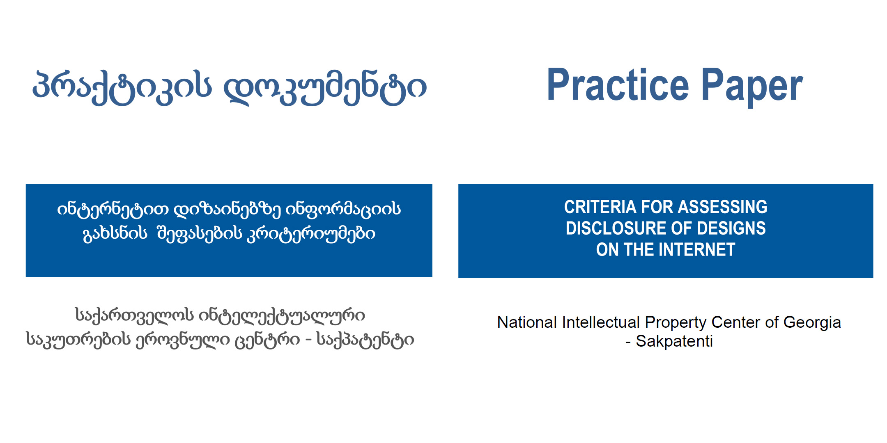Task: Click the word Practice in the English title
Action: [x=618, y=85]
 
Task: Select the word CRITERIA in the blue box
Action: [x=600, y=207]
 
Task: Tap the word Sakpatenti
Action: [x=674, y=341]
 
